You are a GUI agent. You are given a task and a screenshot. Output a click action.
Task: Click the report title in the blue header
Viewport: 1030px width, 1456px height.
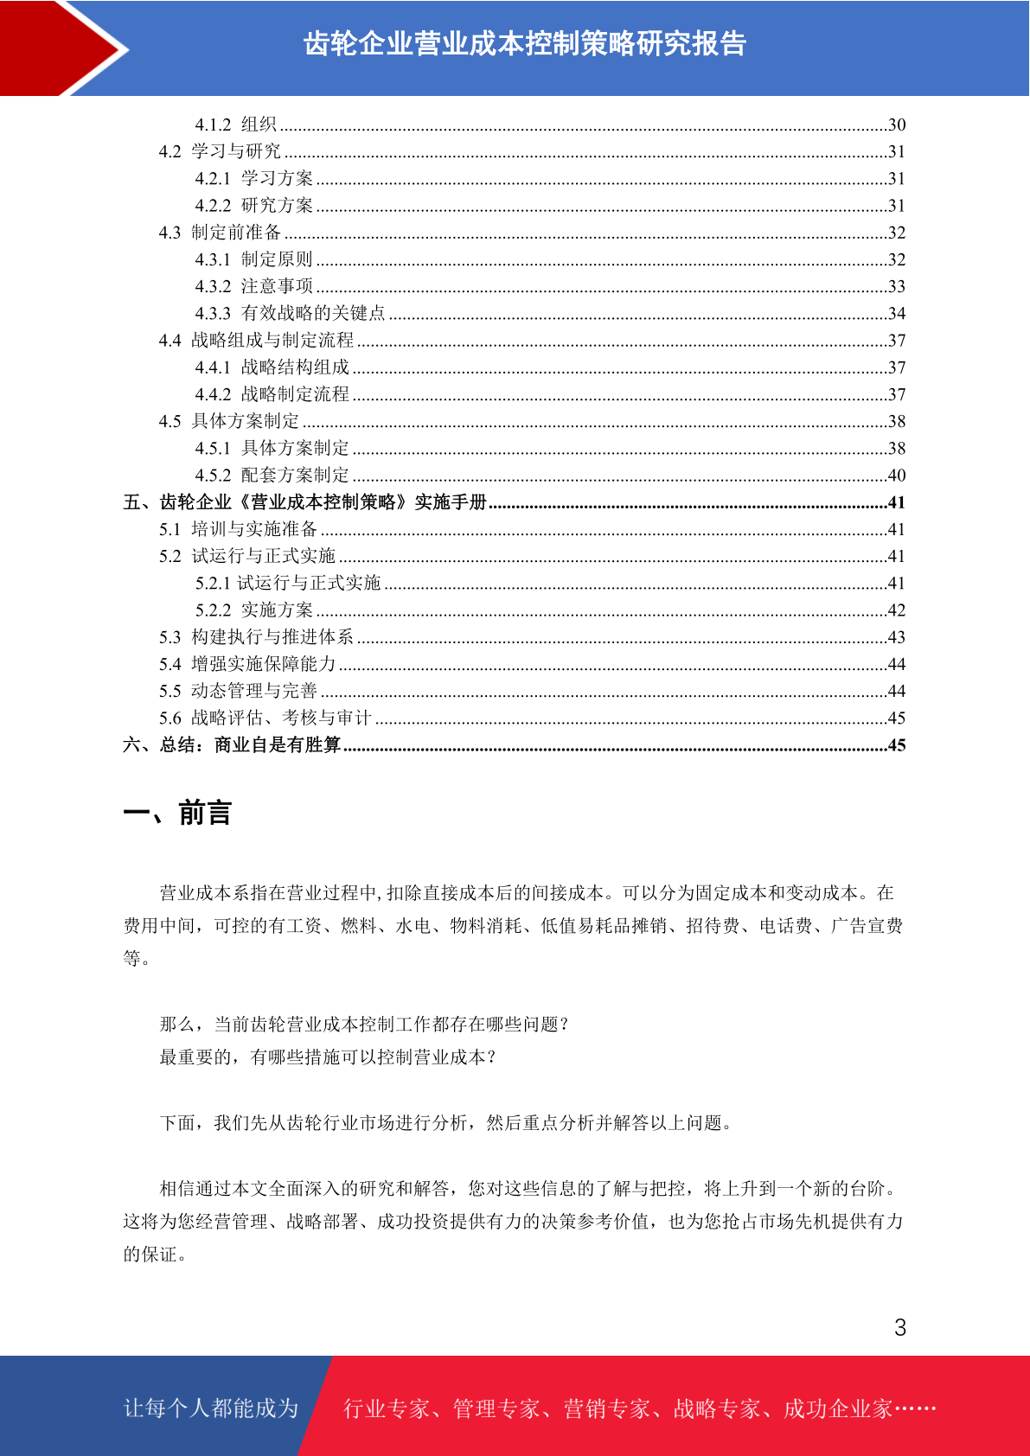pos(524,44)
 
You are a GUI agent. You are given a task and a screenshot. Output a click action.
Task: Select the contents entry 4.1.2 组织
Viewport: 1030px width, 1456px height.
pos(235,125)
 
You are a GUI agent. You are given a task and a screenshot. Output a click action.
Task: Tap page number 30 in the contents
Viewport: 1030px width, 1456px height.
pos(897,125)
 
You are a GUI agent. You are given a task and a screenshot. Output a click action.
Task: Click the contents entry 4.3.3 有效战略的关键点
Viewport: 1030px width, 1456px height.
pos(290,313)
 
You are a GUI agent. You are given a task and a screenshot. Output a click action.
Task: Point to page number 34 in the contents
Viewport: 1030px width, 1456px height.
pos(897,313)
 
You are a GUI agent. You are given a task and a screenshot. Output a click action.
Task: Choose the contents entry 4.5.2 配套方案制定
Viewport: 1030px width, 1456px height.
pos(272,475)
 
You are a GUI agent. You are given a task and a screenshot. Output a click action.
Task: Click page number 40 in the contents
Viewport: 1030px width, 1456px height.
pos(897,475)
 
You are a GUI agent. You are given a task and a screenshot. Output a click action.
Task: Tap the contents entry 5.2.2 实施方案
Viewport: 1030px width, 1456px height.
pos(253,610)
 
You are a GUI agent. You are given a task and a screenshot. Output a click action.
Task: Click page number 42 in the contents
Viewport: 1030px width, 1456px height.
pos(897,610)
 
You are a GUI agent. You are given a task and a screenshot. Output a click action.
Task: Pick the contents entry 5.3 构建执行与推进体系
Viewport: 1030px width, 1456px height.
pos(256,637)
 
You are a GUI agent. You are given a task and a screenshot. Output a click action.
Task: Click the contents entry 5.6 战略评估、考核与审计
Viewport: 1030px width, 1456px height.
pos(265,718)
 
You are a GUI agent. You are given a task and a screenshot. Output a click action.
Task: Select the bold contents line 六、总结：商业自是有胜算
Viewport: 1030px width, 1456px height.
pos(232,745)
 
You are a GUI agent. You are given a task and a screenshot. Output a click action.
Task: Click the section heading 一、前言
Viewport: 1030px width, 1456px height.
pos(177,814)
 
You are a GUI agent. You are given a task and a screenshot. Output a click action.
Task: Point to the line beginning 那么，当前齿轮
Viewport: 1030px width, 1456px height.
pos(364,1025)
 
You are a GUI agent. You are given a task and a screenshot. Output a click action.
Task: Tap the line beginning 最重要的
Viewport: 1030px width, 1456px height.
pos(328,1057)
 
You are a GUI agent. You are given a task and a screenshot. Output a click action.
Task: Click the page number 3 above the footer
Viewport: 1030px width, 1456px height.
pos(900,1328)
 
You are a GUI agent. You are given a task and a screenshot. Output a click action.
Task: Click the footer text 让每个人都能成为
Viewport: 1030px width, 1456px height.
pos(211,1408)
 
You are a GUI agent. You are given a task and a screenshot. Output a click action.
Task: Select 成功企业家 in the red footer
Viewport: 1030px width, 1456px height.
pos(837,1408)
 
